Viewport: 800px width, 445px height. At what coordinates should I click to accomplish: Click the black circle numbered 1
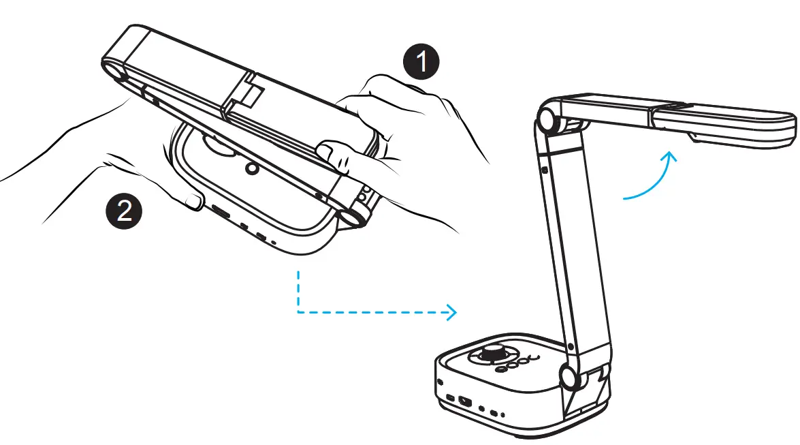tap(421, 61)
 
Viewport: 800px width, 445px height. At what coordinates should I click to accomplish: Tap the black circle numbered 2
tap(124, 211)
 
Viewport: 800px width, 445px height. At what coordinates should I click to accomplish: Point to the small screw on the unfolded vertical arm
tap(546, 166)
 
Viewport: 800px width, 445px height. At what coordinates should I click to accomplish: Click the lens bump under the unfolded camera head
tap(696, 138)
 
